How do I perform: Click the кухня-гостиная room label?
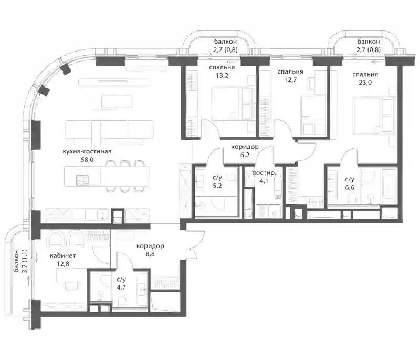point(87,152)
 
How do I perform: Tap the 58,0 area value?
point(87,160)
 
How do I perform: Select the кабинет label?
point(63,256)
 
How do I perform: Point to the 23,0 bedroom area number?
point(365,83)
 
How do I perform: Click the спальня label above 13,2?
point(222,68)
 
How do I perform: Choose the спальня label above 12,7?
point(290,72)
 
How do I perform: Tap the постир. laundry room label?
point(264,173)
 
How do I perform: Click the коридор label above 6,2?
point(245,147)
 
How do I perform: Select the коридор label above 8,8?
point(150,246)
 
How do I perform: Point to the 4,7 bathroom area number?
point(121,287)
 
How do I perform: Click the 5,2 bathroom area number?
point(217,186)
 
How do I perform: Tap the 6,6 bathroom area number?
point(350,188)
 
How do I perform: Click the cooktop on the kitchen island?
point(82,180)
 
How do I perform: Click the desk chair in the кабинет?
point(71,285)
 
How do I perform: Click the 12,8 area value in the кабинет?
point(63,264)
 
